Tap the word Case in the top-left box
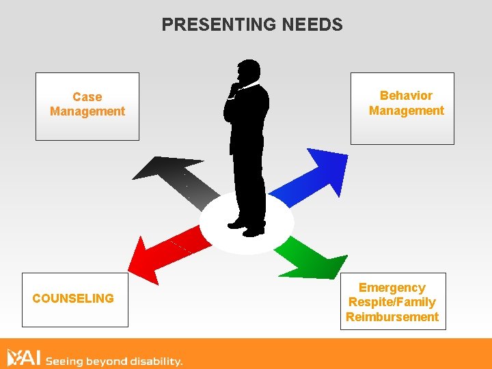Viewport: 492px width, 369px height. pyautogui.click(x=87, y=97)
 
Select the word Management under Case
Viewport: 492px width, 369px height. pyautogui.click(x=87, y=111)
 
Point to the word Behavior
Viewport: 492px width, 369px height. pyautogui.click(x=406, y=96)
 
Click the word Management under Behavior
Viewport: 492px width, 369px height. pyautogui.click(x=406, y=111)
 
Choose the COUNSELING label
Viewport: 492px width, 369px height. pyautogui.click(x=73, y=299)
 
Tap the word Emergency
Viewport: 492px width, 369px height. pyautogui.click(x=392, y=288)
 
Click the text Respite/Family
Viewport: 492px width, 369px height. pyautogui.click(x=392, y=302)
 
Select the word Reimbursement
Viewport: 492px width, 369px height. pyautogui.click(x=392, y=317)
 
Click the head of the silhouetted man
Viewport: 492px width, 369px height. pyautogui.click(x=248, y=71)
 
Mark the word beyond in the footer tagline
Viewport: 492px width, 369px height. pyautogui.click(x=107, y=359)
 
